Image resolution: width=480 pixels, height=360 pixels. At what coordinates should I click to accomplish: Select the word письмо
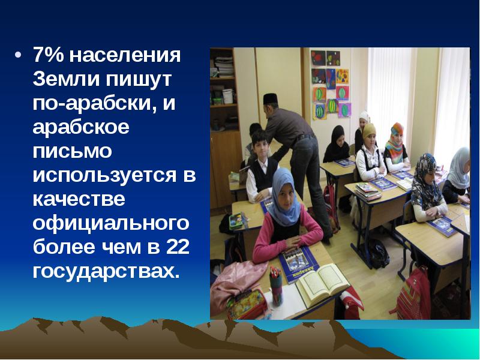(x=73, y=152)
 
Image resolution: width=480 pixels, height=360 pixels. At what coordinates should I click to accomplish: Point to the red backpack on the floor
(x=414, y=294)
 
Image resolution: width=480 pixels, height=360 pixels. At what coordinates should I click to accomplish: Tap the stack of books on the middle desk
(x=367, y=190)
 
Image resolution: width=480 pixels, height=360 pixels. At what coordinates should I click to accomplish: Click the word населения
(x=125, y=56)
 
